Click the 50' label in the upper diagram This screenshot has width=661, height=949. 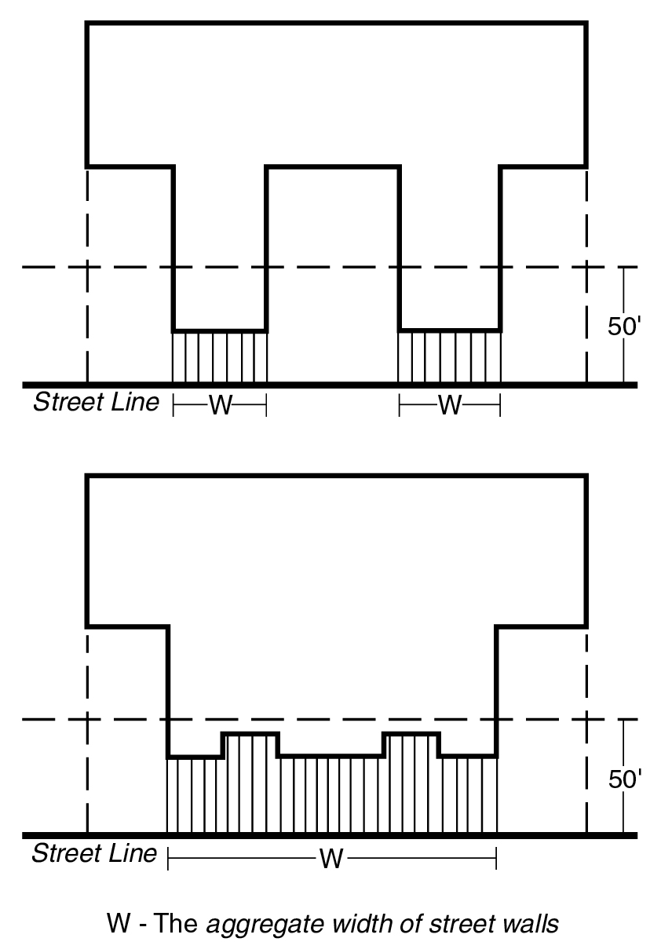point(625,327)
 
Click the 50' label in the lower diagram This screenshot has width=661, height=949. point(625,779)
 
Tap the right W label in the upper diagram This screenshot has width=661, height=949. point(450,405)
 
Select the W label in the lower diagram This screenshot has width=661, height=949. point(331,859)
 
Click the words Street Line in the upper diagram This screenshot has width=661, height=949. point(96,402)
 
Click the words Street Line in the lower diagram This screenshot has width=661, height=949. point(94,853)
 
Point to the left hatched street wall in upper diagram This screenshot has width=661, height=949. point(220,357)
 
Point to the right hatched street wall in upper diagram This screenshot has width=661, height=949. point(450,357)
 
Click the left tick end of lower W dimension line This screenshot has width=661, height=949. point(169,859)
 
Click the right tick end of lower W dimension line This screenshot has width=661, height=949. point(496,859)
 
